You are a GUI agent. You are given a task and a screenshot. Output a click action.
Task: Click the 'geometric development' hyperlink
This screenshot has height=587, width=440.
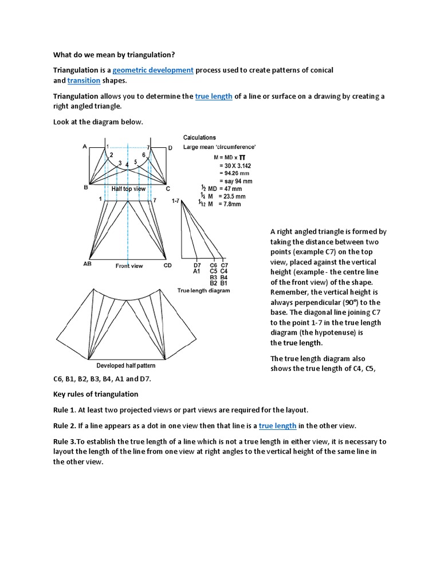coord(153,70)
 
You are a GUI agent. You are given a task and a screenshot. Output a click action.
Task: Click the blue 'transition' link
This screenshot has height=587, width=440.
coord(84,81)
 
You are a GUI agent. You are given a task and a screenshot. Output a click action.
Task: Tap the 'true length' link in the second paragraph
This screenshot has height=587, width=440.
coord(214,96)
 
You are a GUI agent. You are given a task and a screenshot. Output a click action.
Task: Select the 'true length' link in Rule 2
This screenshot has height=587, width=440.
coord(277,425)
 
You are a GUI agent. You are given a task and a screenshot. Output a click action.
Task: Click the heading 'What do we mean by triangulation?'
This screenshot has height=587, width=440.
coord(114,55)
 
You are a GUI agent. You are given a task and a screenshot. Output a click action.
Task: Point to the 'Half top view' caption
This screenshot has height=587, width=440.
coord(128,189)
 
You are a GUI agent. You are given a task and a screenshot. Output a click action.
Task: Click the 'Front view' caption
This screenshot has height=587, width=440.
coord(129,266)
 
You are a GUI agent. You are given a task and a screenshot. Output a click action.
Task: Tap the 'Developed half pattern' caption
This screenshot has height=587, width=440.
coord(125,366)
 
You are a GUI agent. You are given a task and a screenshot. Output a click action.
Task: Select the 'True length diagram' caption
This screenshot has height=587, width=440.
coord(203,291)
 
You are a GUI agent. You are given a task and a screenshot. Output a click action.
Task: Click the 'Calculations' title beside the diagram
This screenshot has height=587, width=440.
coord(199,138)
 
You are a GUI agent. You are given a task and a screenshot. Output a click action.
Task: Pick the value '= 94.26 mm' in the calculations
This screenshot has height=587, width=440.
coord(235,174)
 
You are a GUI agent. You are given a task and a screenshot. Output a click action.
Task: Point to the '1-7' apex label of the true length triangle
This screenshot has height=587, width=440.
coord(175,201)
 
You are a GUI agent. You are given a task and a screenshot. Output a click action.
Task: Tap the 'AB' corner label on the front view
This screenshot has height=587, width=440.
coord(87,265)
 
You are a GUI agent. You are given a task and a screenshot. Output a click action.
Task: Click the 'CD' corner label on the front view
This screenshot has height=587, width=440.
coord(167,265)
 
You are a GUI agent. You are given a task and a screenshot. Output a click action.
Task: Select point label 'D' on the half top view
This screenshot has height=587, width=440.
coord(170,148)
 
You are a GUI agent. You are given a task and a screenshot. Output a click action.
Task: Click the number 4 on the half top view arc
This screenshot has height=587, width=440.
coord(127,165)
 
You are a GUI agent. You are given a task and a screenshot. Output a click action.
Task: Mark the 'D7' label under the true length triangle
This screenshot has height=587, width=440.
coord(197,265)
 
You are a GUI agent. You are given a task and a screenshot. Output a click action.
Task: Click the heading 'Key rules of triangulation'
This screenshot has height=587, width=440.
coord(96,394)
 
